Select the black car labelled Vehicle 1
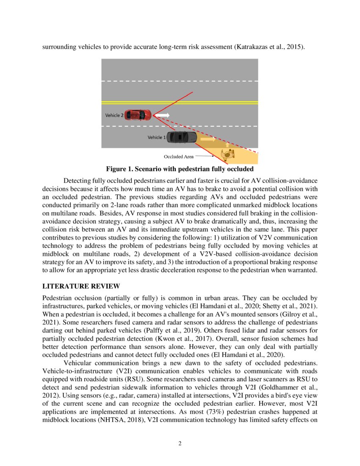(x=182, y=137)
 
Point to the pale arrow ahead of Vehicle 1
(x=208, y=139)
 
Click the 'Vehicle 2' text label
(x=114, y=115)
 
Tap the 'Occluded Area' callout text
(x=179, y=157)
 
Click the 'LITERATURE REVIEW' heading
(x=81, y=286)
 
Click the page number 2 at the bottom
(x=180, y=444)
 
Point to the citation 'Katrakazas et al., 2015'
(x=268, y=47)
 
